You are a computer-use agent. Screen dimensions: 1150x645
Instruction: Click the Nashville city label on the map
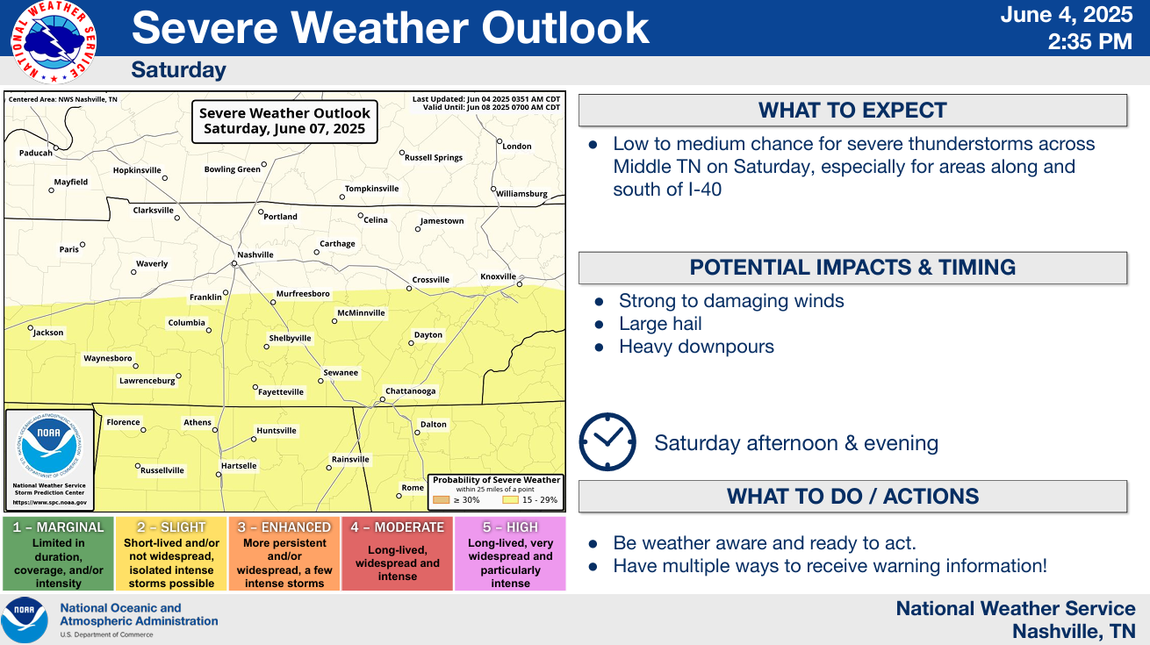click(255, 254)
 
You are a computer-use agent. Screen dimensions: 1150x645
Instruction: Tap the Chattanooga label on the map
click(410, 391)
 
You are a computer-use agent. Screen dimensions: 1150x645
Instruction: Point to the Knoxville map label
click(498, 276)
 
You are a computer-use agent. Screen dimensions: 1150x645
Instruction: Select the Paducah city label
click(36, 153)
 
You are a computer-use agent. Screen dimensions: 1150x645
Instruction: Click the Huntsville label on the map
click(277, 431)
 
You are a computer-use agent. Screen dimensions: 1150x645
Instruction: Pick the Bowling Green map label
click(232, 169)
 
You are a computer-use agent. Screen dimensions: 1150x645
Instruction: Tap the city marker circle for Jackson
click(31, 327)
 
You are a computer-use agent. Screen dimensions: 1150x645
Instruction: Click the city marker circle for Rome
click(399, 496)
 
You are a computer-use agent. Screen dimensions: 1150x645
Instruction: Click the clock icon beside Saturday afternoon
click(607, 441)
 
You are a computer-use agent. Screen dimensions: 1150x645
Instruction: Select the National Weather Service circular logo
click(54, 42)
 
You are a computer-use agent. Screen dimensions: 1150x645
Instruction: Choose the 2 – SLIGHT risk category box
click(171, 554)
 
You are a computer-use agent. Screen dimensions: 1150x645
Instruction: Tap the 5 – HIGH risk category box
click(510, 554)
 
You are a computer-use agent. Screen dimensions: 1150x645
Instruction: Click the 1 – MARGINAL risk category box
click(59, 554)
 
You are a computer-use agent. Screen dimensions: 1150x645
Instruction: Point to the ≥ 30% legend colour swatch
click(441, 500)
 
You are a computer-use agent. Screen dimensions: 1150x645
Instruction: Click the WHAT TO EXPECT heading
click(852, 111)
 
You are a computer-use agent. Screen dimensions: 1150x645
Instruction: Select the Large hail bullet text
click(660, 324)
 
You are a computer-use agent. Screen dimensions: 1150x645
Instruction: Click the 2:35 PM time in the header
click(1090, 41)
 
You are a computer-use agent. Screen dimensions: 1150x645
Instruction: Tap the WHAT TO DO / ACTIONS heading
click(852, 496)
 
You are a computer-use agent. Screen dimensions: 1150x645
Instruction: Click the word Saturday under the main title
click(179, 70)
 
